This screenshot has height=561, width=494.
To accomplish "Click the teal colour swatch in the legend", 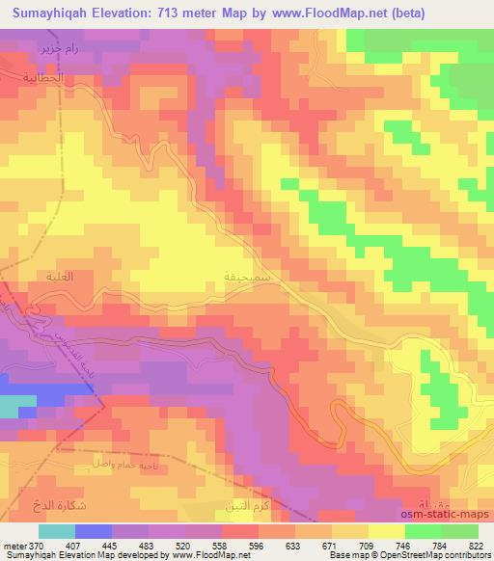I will coord(58,531).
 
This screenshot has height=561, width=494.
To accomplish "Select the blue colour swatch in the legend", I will coord(94,531).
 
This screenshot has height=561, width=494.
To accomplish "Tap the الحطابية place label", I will coord(42,74).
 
